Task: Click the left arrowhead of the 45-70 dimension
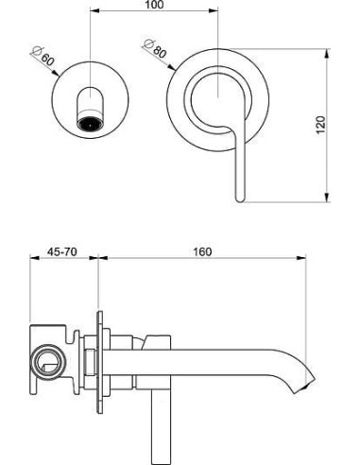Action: pos(28,261)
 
